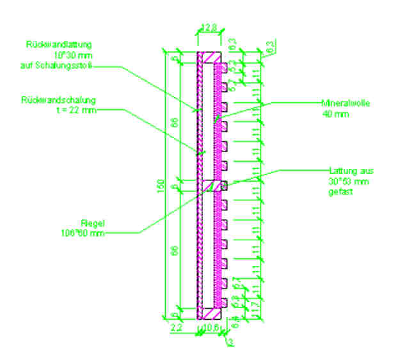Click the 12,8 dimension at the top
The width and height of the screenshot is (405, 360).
click(x=209, y=27)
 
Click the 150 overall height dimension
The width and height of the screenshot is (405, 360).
click(x=168, y=185)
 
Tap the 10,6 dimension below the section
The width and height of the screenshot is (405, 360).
click(x=210, y=327)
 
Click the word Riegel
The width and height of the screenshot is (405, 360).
click(x=89, y=223)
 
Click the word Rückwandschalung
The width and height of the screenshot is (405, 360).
click(x=58, y=100)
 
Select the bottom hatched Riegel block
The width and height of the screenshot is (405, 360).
click(x=209, y=312)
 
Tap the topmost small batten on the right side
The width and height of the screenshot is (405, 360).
click(x=225, y=67)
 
